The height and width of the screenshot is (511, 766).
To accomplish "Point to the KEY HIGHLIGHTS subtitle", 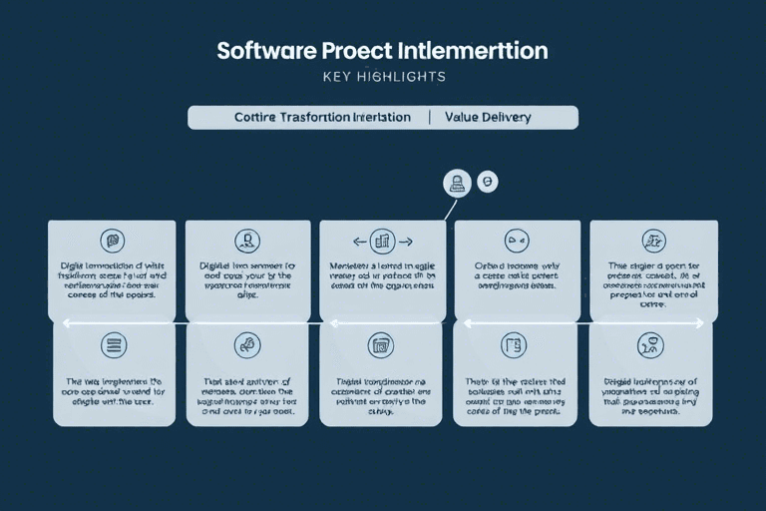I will (x=383, y=77).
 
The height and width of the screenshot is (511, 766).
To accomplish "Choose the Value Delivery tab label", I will (x=489, y=117).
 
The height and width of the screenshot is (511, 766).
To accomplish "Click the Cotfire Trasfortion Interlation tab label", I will (x=322, y=117).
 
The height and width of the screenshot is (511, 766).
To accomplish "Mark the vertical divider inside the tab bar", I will (x=430, y=117).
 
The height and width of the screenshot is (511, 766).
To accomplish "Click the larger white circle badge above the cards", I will (x=456, y=183).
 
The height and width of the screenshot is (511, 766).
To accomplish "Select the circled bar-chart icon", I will (x=382, y=241).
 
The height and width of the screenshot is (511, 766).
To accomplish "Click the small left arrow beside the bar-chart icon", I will (x=357, y=241).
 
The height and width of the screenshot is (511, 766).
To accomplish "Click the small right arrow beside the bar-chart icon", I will (x=406, y=241).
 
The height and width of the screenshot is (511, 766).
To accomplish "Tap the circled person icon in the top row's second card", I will (x=246, y=241).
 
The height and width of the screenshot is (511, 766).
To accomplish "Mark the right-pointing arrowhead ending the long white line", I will (x=701, y=322).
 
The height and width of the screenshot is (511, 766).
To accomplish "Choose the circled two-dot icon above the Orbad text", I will (x=517, y=240).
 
